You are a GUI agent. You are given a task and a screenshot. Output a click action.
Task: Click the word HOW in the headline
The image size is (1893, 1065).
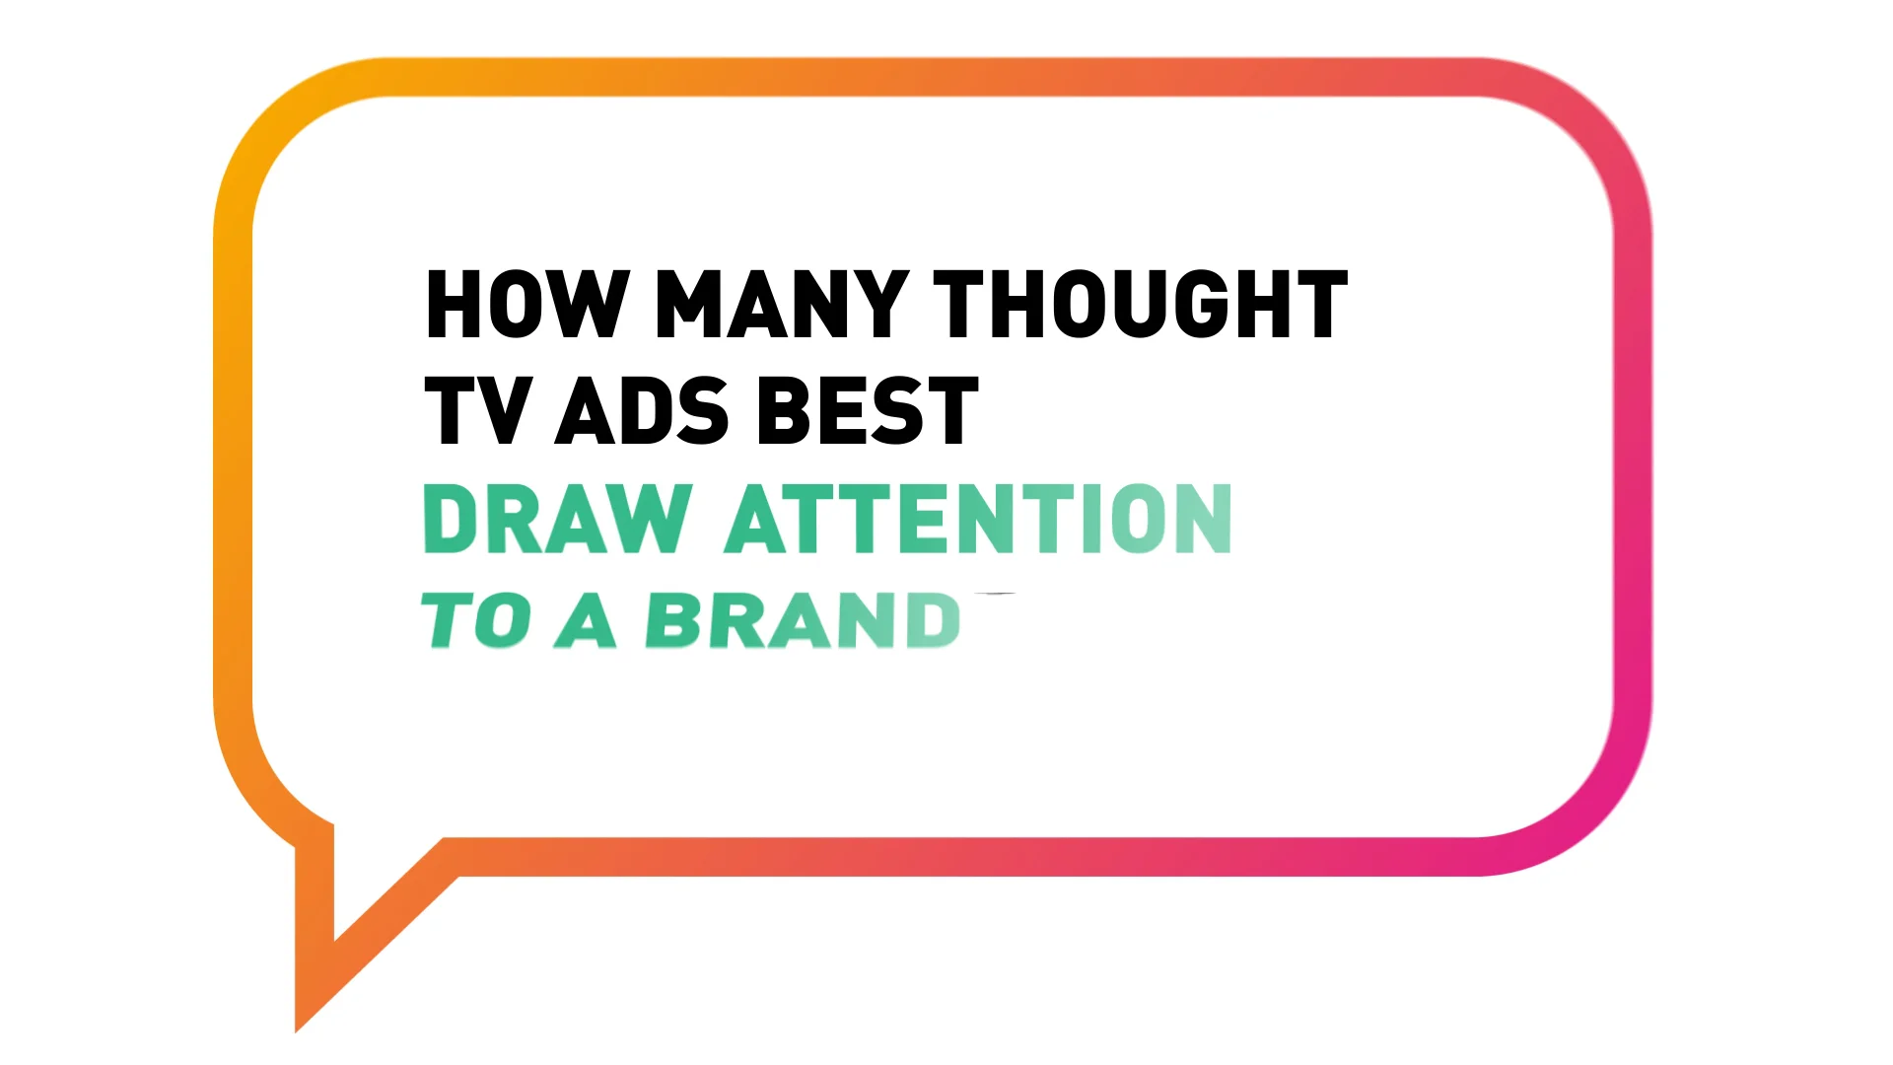[x=526, y=305]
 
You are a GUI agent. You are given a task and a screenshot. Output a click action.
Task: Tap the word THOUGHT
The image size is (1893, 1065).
[x=1140, y=305]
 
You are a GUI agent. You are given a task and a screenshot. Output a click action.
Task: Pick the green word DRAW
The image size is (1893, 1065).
[x=558, y=519]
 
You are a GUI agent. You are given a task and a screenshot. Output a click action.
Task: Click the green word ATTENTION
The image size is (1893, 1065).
[x=979, y=519]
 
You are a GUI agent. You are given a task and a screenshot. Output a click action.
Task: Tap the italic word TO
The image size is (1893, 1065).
[x=475, y=621]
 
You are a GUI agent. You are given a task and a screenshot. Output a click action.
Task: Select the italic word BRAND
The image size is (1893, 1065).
[x=804, y=621]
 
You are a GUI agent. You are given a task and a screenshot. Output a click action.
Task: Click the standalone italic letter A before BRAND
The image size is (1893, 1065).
[x=586, y=621]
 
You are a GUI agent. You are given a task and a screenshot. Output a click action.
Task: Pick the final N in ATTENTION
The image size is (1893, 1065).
[x=1199, y=519]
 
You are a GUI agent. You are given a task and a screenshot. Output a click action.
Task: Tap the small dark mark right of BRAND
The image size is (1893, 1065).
[x=997, y=595]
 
